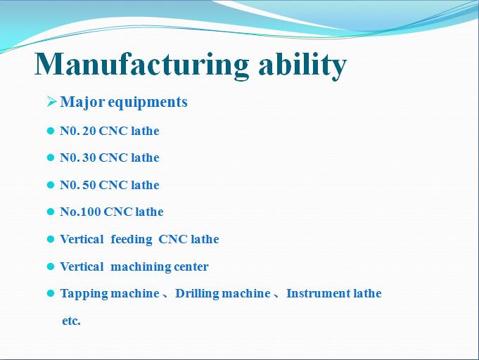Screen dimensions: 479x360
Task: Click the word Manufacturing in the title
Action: click(x=141, y=65)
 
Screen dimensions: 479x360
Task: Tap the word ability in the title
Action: click(x=302, y=65)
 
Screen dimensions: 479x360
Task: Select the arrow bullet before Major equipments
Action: click(x=51, y=101)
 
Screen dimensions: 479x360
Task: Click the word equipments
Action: click(x=148, y=103)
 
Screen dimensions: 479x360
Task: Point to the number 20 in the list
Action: click(x=89, y=131)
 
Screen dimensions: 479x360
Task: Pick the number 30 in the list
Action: click(x=89, y=158)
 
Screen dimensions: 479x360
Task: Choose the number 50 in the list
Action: click(x=89, y=185)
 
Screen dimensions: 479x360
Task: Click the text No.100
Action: click(x=80, y=212)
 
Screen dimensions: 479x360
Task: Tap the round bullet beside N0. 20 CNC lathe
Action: click(x=51, y=131)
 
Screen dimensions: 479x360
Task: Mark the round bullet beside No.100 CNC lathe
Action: click(x=51, y=212)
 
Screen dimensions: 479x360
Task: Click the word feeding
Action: click(x=132, y=240)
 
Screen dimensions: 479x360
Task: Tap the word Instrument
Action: click(x=319, y=293)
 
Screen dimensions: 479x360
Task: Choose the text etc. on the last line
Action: click(x=71, y=321)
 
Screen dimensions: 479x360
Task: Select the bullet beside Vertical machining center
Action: click(x=51, y=266)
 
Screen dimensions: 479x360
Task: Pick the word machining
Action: click(x=141, y=267)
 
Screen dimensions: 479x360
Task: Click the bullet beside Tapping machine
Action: click(x=51, y=293)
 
